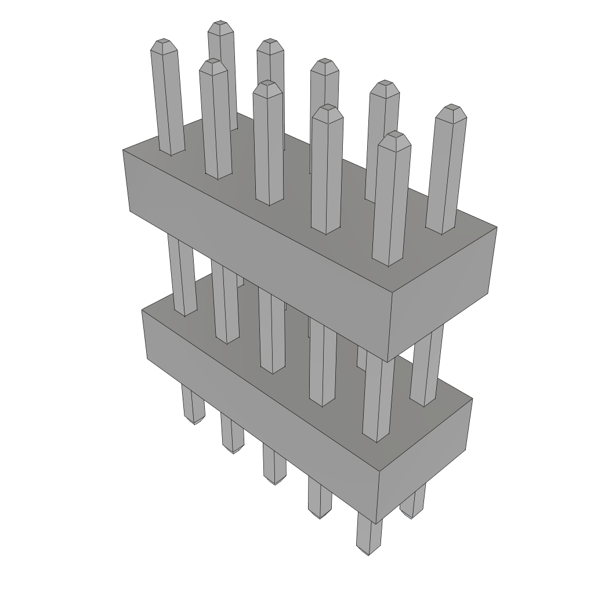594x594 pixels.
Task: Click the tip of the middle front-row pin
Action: [x=267, y=85]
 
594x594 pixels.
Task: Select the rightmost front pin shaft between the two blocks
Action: [x=378, y=400]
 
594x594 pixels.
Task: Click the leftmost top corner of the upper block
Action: [x=123, y=150]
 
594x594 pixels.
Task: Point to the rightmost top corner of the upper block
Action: [x=497, y=227]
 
